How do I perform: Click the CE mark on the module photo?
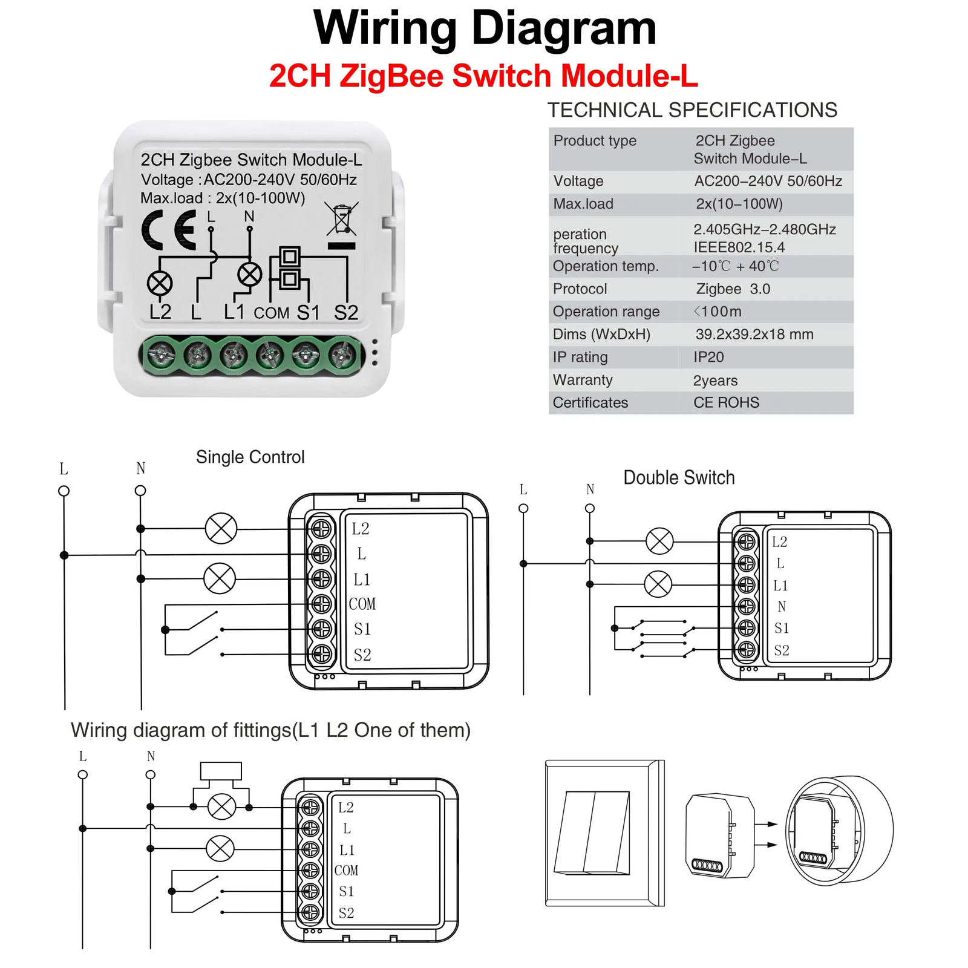[x=169, y=230]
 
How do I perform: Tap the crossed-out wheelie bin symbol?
[x=342, y=218]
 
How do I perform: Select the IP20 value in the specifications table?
[x=708, y=357]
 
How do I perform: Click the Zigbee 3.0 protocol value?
[x=733, y=289]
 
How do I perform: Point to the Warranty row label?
[x=583, y=380]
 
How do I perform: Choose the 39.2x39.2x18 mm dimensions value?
[x=754, y=335]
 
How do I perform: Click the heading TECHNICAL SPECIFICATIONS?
[x=692, y=110]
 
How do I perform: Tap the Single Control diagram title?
[x=250, y=457]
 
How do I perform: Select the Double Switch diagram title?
[x=679, y=478]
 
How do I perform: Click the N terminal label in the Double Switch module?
[x=782, y=606]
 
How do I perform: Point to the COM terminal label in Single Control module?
[x=362, y=604]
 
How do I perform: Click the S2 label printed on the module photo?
[x=346, y=313]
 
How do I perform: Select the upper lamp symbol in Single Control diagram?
[x=221, y=528]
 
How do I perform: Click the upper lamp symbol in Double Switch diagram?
[x=659, y=541]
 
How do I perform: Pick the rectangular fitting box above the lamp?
[x=221, y=771]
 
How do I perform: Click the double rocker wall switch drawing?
[x=605, y=833]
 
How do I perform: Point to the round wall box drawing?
[x=839, y=831]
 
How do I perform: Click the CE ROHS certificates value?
[x=726, y=403]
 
